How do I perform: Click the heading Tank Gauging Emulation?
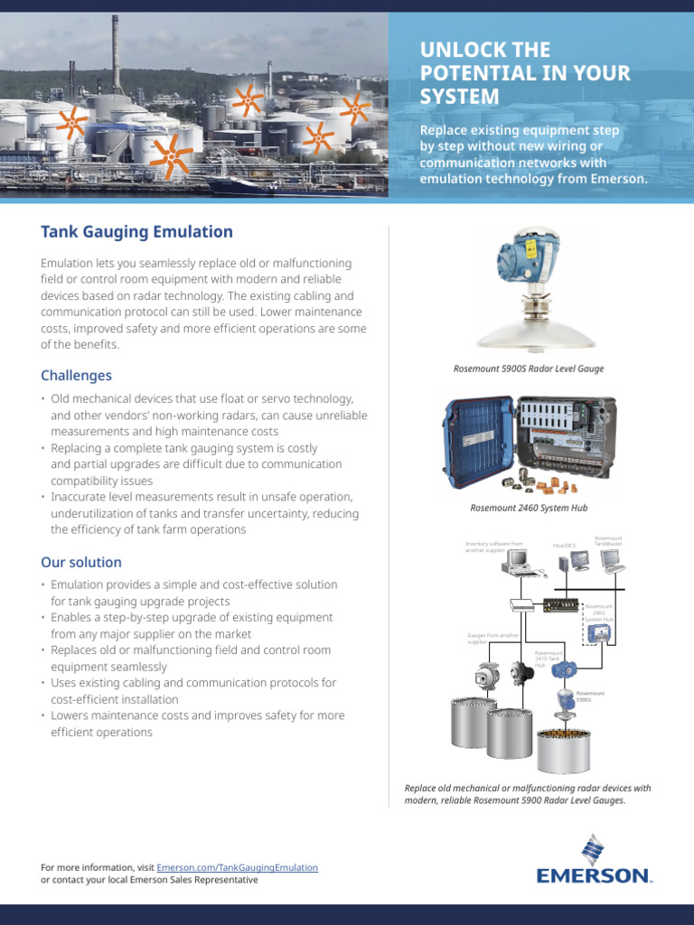pos(136,232)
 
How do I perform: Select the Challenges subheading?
pos(76,375)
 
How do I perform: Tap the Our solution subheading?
pos(80,562)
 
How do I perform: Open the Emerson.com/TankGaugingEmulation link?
pos(238,867)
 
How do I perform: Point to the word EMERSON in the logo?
pos(593,875)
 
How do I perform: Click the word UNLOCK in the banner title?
pos(458,51)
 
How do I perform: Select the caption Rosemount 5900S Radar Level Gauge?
pos(529,369)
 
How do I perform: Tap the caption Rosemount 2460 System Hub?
pos(529,509)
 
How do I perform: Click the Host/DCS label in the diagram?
pos(565,545)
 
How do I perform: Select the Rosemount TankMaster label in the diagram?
pos(608,542)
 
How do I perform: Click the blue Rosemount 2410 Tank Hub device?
pos(566,669)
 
